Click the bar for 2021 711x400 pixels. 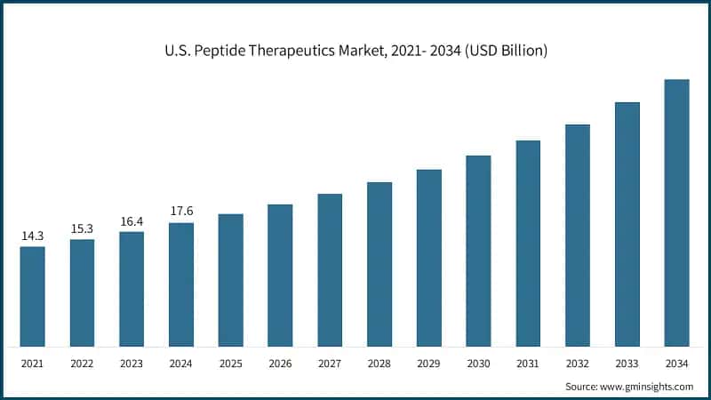pyautogui.click(x=33, y=296)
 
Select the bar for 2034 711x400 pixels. pyautogui.click(x=677, y=213)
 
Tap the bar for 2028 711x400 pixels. pyautogui.click(x=379, y=264)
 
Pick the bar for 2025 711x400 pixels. pyautogui.click(x=231, y=280)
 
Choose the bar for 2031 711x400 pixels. pyautogui.click(x=528, y=244)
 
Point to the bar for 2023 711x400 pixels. pyautogui.click(x=132, y=289)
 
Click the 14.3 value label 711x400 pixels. pyautogui.click(x=33, y=236)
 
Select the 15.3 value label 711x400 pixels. pyautogui.click(x=82, y=229)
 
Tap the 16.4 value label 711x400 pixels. pyautogui.click(x=132, y=221)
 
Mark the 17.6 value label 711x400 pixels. pyautogui.click(x=181, y=212)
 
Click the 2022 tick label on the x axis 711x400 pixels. pyautogui.click(x=82, y=364)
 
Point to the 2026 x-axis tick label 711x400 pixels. pyautogui.click(x=281, y=364)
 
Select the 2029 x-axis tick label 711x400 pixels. pyautogui.click(x=429, y=364)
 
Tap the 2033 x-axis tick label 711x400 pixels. pyautogui.click(x=627, y=364)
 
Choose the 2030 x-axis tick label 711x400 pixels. pyautogui.click(x=479, y=364)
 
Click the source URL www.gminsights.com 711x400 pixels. pyautogui.click(x=645, y=387)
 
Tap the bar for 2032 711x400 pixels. pyautogui.click(x=578, y=236)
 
